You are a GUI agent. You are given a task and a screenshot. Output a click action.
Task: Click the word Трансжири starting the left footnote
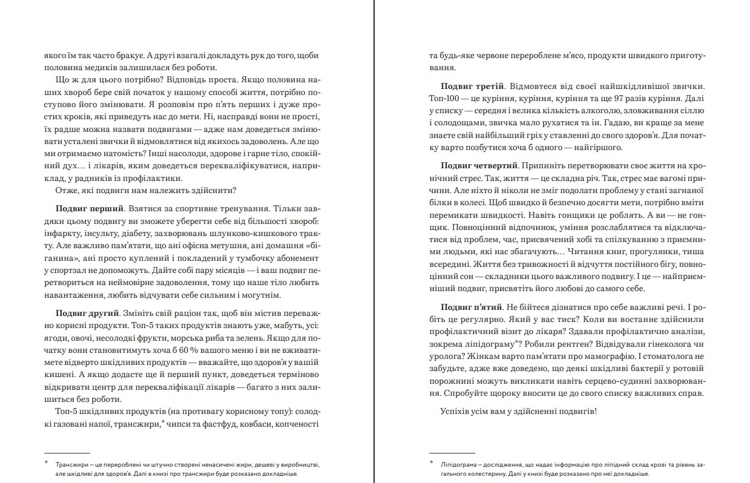[x=72, y=464]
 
